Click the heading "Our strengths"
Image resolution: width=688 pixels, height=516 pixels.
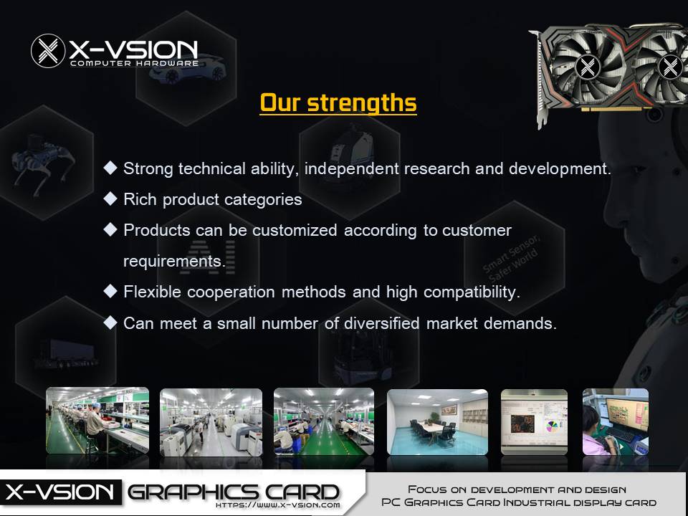(x=338, y=103)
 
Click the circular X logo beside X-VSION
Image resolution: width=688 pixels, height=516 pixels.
(x=48, y=51)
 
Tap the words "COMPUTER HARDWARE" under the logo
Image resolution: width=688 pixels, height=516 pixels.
(x=134, y=63)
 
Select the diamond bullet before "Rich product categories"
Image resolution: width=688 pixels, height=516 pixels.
(x=110, y=199)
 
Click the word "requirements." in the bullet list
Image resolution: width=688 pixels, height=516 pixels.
(x=174, y=261)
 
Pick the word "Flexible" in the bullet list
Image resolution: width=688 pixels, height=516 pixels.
(x=152, y=292)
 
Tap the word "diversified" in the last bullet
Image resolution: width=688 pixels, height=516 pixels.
(x=382, y=323)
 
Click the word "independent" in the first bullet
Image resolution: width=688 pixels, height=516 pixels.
(x=351, y=169)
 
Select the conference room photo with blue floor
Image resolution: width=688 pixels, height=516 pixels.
(x=437, y=421)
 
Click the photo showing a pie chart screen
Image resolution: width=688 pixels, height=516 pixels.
(x=534, y=421)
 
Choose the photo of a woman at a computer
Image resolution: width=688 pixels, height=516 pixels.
(x=615, y=421)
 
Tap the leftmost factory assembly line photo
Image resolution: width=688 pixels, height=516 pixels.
(x=97, y=421)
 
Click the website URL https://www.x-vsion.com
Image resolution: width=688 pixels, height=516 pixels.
(x=278, y=505)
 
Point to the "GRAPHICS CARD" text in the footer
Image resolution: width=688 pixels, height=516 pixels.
(x=234, y=492)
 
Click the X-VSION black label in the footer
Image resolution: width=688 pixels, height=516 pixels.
(x=60, y=492)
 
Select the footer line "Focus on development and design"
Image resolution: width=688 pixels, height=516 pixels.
(x=517, y=489)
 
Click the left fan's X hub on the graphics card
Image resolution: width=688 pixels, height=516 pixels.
(x=588, y=67)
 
